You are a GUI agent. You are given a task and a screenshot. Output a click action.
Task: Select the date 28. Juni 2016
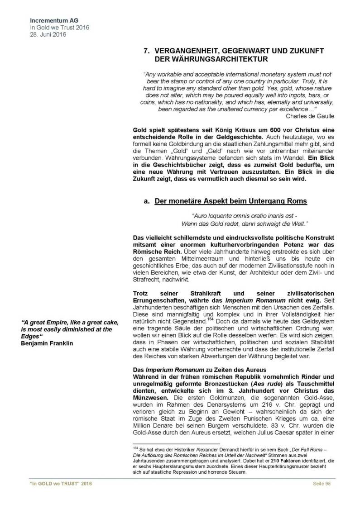pos(46,34)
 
